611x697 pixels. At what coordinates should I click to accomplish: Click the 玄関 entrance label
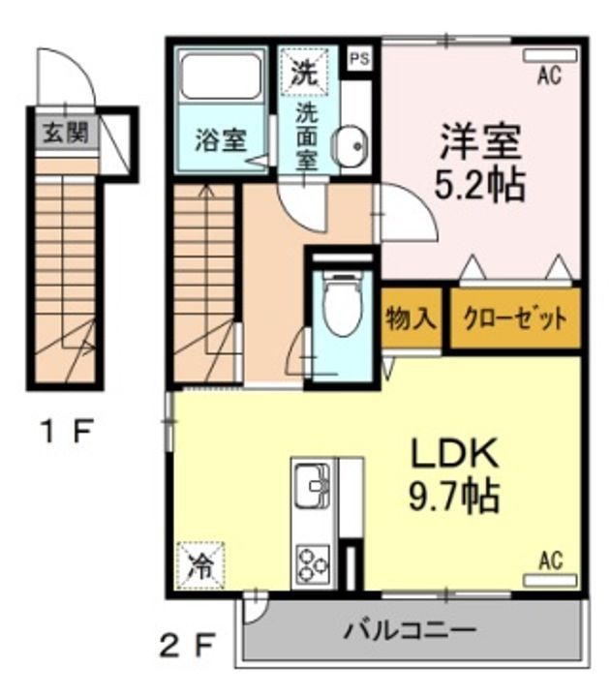[66, 133]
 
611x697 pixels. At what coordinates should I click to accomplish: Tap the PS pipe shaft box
[360, 59]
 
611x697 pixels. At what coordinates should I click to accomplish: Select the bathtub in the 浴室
[221, 76]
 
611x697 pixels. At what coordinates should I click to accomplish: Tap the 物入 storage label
[411, 318]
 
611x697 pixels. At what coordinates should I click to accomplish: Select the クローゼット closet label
[515, 318]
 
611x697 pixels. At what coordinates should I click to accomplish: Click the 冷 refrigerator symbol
[200, 565]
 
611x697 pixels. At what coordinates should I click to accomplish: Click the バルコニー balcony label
[411, 630]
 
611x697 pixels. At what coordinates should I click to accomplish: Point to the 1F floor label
[67, 431]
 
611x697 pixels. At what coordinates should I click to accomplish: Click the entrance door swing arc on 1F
[82, 67]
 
